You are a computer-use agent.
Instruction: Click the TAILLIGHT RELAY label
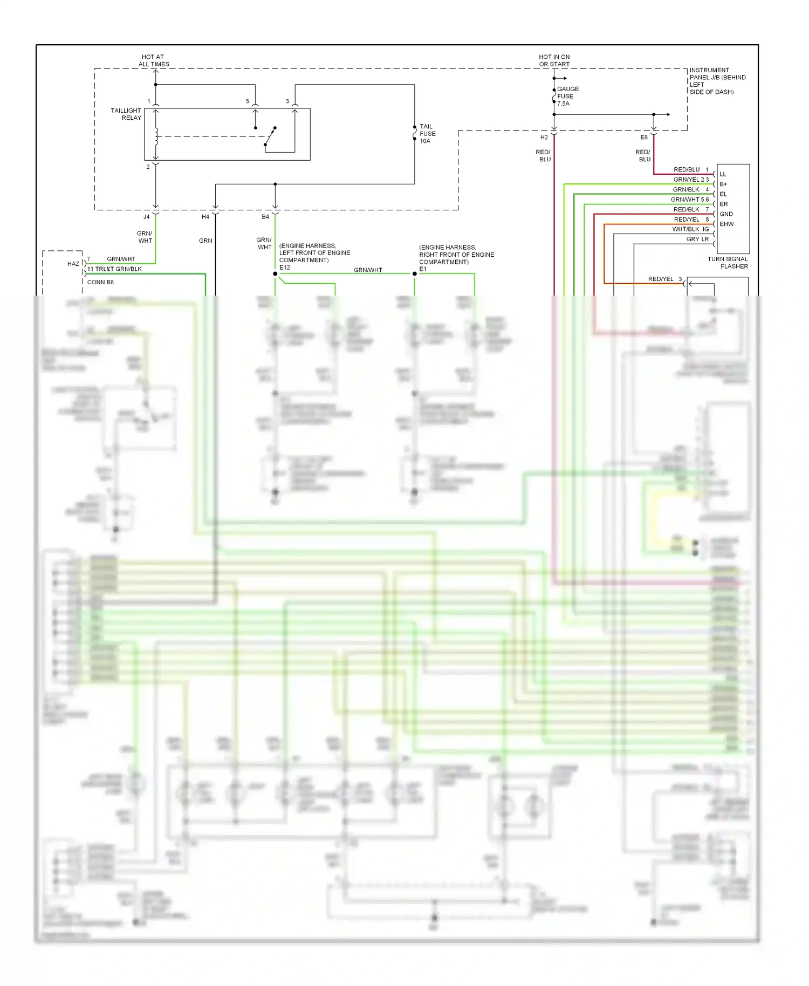[126, 114]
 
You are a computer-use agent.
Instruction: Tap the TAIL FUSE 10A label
[428, 134]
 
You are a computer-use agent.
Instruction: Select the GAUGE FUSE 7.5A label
[567, 96]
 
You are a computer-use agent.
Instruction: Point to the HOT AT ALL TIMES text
[154, 60]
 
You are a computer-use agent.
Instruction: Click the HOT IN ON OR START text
[554, 60]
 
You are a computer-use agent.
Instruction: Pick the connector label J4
[146, 217]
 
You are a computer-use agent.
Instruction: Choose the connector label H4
[205, 217]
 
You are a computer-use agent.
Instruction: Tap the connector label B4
[265, 217]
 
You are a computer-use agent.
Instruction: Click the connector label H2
[544, 138]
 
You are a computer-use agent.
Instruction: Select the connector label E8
[643, 138]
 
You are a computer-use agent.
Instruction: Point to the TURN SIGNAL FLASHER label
[728, 263]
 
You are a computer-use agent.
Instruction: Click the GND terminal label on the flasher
[726, 214]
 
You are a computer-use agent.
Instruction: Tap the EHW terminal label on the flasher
[726, 224]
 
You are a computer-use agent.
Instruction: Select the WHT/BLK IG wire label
[690, 229]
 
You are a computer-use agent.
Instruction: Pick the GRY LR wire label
[697, 239]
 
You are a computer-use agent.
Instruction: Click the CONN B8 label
[100, 282]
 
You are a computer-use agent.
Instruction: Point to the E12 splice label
[284, 268]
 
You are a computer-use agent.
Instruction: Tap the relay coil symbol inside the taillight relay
[156, 136]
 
